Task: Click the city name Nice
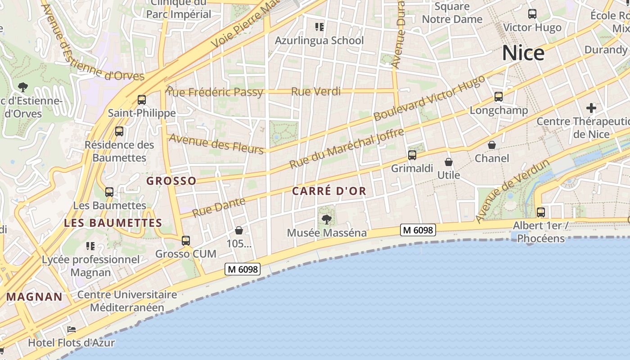click(523, 53)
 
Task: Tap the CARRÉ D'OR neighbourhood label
click(329, 191)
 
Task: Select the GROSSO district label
click(171, 181)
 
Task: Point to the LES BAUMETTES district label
click(113, 223)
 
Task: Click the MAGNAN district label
click(34, 297)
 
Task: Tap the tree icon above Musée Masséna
click(327, 220)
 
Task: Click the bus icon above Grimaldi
click(412, 155)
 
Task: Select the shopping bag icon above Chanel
click(492, 145)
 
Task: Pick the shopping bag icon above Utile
click(448, 162)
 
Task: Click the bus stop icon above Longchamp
click(498, 97)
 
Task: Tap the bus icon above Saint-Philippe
click(142, 100)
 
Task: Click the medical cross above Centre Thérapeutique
click(591, 108)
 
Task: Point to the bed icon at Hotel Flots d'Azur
click(72, 330)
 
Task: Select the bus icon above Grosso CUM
click(186, 241)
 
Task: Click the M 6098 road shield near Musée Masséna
click(418, 230)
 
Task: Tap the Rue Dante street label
click(219, 207)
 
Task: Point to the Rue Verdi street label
click(315, 92)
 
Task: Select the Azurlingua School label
click(319, 40)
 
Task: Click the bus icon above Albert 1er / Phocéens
click(540, 212)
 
